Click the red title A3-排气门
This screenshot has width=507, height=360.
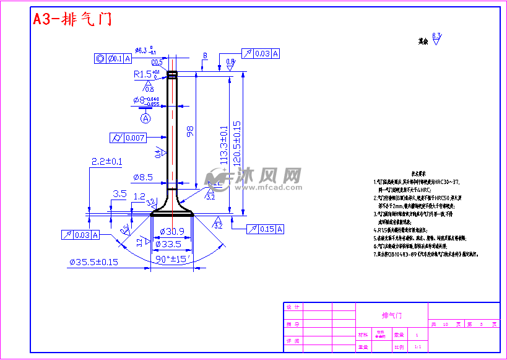72,19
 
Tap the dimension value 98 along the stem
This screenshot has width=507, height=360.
190,131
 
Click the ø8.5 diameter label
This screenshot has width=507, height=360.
142,177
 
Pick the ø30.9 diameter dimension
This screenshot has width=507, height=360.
171,231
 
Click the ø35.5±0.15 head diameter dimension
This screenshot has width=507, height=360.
93,262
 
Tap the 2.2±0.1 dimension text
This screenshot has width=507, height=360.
106,161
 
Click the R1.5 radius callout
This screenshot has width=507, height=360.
146,74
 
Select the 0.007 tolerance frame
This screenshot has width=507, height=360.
128,138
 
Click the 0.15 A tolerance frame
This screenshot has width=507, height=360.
265,229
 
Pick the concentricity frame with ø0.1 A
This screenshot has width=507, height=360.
113,59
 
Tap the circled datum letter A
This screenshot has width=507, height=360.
146,118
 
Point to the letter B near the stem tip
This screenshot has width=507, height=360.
205,56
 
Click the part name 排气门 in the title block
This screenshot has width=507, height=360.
392,315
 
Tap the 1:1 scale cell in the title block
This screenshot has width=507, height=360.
418,347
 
